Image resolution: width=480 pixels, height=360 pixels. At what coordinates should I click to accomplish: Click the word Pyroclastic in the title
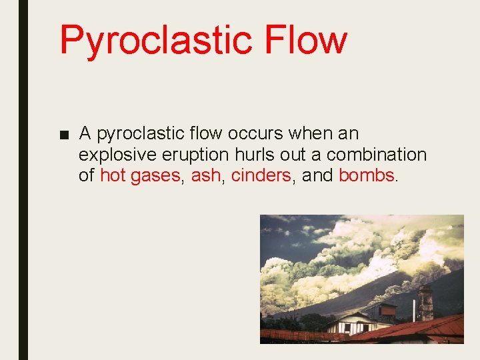click(x=154, y=40)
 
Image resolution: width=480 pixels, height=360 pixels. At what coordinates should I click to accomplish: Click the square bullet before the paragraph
click(x=63, y=135)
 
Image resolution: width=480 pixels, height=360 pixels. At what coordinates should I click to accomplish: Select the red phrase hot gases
click(x=140, y=176)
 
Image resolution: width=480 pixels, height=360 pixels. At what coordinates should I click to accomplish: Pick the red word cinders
click(x=261, y=176)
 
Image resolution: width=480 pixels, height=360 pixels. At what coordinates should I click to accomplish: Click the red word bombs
click(x=367, y=176)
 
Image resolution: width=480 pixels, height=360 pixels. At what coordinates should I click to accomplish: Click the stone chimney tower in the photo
click(x=425, y=303)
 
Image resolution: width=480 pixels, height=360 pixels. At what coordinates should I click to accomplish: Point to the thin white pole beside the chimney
click(x=413, y=310)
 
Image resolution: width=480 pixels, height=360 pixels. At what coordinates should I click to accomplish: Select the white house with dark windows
click(x=350, y=324)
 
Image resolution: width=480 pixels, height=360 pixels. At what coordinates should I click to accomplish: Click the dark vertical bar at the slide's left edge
click(x=23, y=180)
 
